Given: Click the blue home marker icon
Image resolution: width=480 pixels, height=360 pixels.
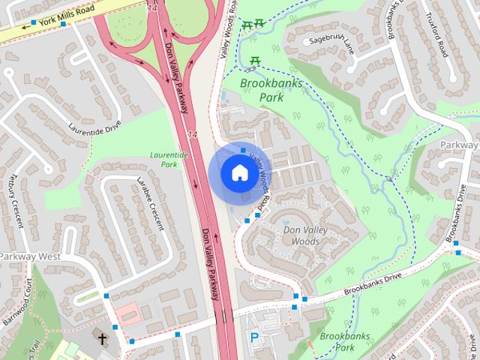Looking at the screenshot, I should [x=239, y=172].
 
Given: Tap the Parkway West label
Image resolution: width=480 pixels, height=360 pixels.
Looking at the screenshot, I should [x=30, y=256].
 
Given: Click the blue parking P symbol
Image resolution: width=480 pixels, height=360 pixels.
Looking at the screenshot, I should [x=253, y=339].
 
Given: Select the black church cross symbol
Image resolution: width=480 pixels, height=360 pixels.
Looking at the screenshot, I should [x=102, y=339].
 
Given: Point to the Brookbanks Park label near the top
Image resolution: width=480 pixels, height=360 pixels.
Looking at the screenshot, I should [x=271, y=90].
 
